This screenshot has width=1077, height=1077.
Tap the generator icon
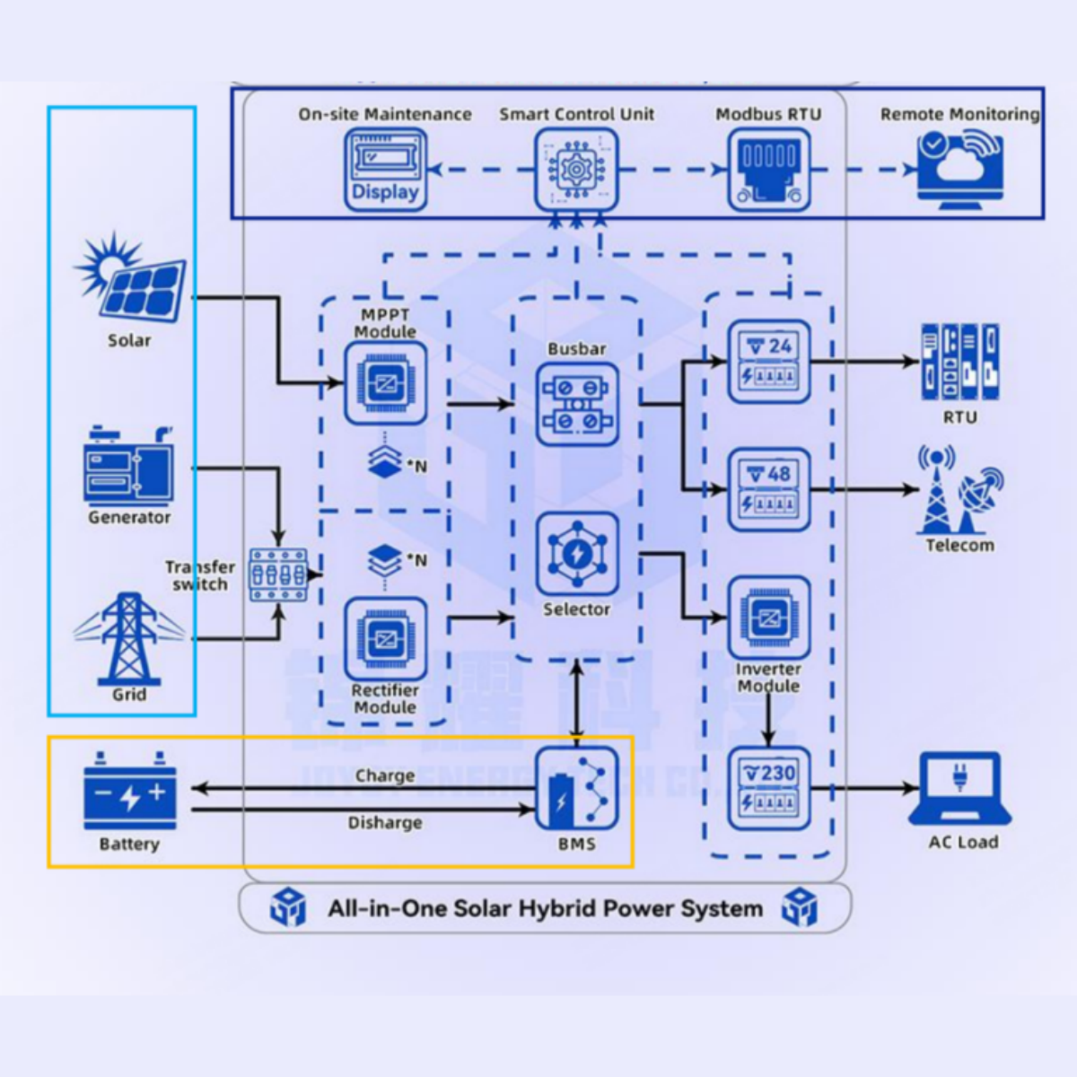pos(128,467)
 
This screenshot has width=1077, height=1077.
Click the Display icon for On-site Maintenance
pos(385,170)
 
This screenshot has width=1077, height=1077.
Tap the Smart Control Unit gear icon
pos(576,170)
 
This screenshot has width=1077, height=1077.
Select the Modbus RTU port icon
pos(768,170)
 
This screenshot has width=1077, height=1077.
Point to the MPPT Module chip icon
pos(385,383)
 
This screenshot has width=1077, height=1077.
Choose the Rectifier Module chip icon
pos(385,639)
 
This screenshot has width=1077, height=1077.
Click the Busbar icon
pos(577,404)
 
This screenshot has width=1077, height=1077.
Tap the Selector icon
pos(577,554)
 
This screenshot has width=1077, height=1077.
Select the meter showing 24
pos(768,361)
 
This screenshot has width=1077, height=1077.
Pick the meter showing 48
pos(768,489)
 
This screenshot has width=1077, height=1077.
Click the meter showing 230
pos(768,788)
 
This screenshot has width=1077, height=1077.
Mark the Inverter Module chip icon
pos(768,617)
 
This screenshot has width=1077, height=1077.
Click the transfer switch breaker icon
pos(278,574)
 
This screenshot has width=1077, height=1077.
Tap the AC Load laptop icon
pos(959,788)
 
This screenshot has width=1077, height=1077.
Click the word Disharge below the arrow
pos(385,823)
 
